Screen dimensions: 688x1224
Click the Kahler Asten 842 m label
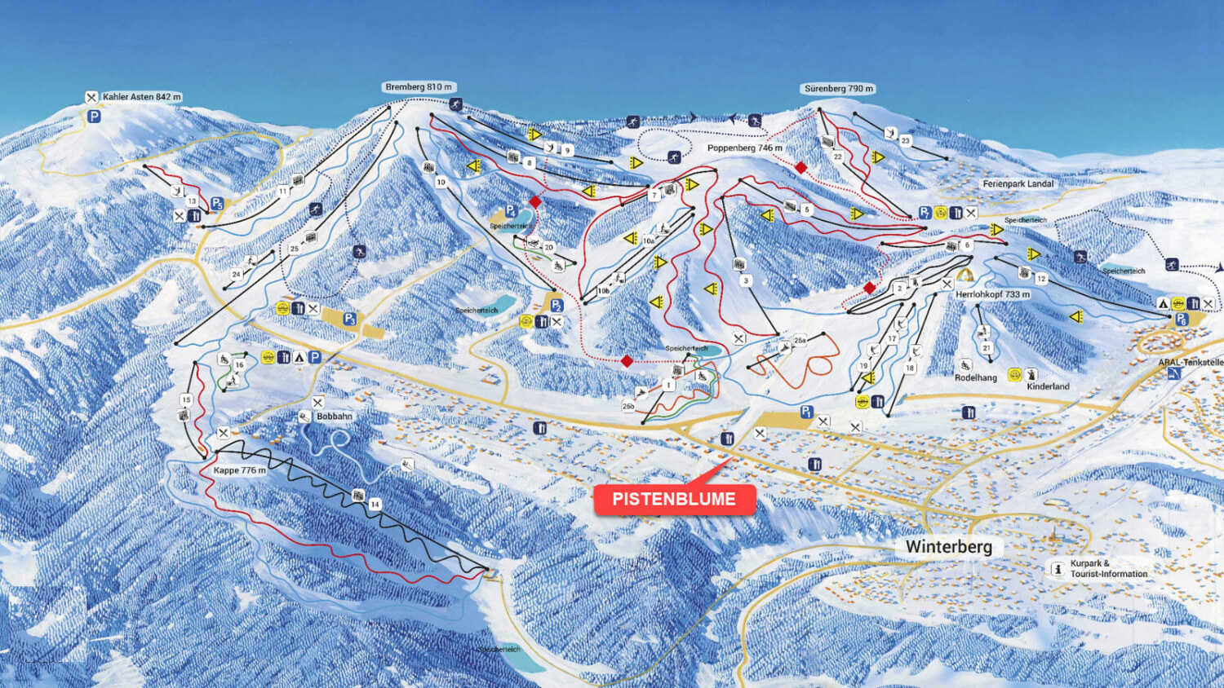(141, 97)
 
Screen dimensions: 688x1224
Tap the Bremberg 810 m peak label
(418, 87)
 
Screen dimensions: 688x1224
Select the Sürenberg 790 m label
(838, 89)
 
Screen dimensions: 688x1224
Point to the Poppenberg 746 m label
(744, 148)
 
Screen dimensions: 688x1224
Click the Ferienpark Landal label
(1018, 184)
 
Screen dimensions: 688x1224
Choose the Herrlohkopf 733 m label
(992, 294)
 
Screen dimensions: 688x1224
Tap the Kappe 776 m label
(239, 470)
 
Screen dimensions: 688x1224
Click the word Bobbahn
(335, 417)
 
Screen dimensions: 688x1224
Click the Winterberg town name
(948, 547)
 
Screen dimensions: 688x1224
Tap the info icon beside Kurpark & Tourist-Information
(1058, 569)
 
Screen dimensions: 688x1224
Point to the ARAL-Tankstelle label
(1191, 362)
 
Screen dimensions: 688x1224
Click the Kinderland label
(1048, 386)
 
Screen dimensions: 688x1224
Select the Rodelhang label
(976, 378)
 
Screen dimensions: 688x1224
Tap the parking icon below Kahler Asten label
(94, 117)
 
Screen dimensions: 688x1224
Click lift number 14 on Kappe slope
(375, 505)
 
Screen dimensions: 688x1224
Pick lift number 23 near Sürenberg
(905, 141)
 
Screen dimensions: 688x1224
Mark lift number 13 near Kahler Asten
(192, 201)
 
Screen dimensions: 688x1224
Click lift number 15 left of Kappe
(186, 399)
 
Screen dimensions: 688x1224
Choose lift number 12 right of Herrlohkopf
(1040, 279)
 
